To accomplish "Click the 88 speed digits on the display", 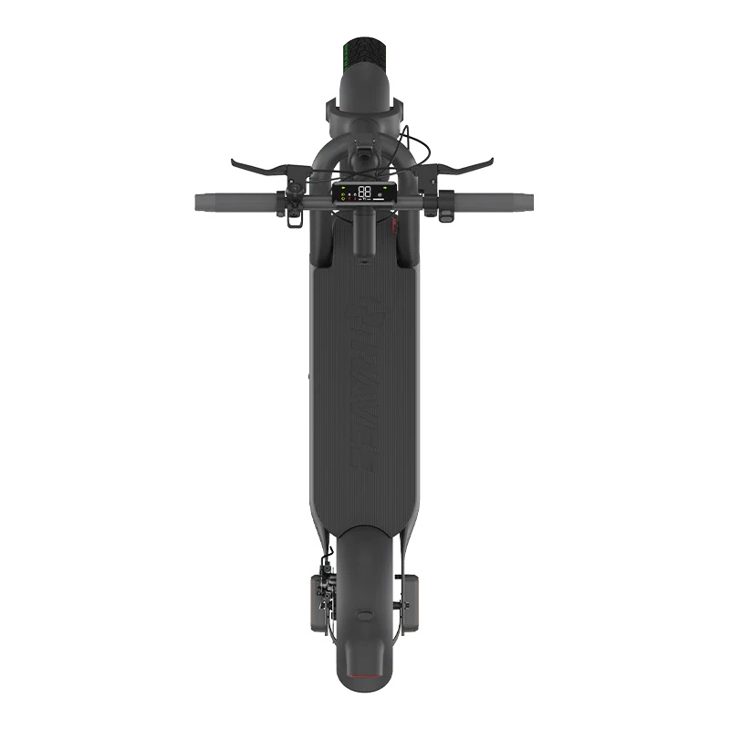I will click(365, 192).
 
